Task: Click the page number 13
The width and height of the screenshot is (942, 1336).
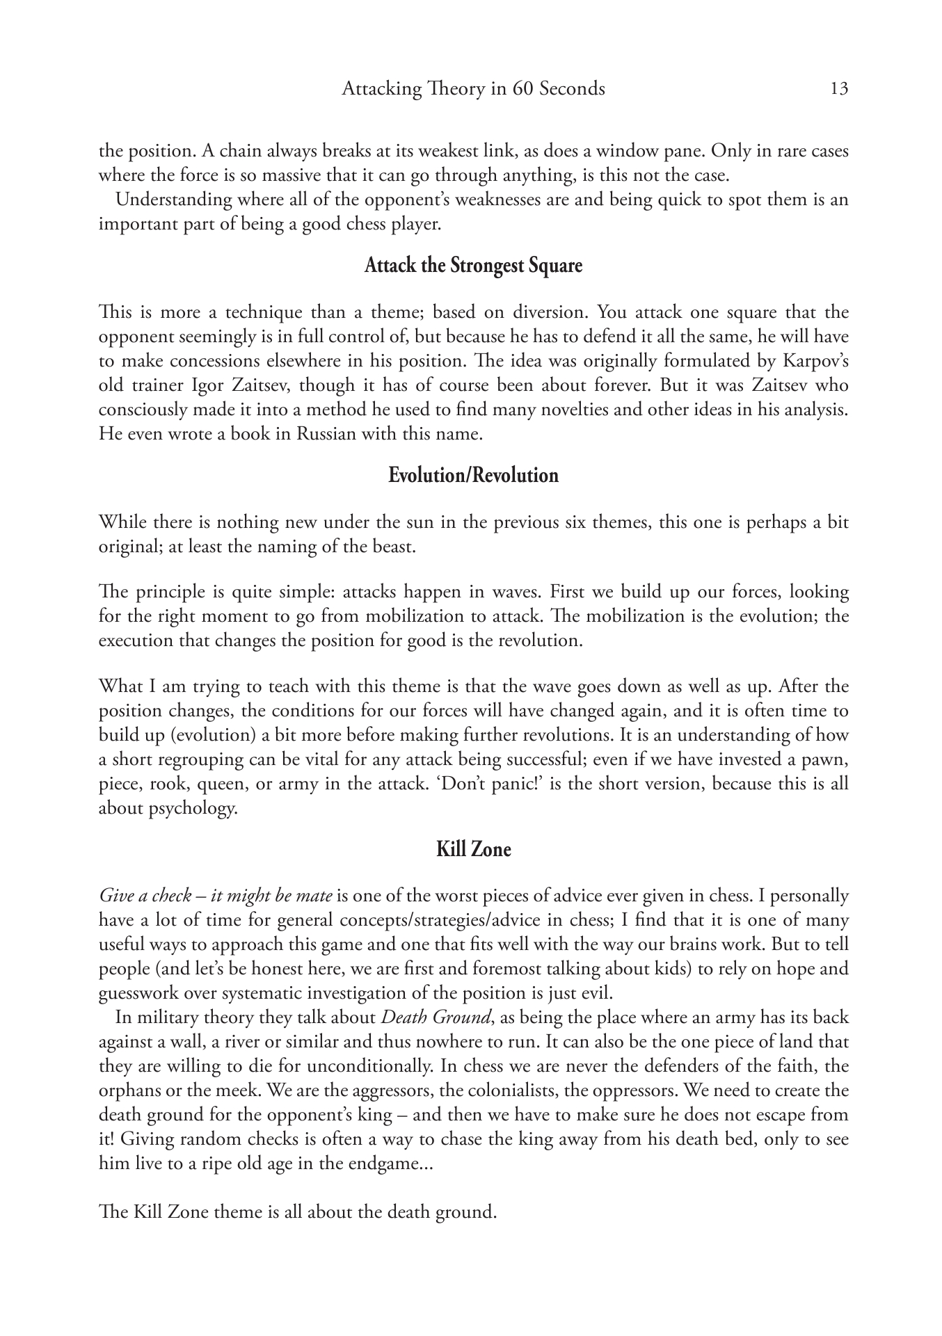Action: tap(839, 88)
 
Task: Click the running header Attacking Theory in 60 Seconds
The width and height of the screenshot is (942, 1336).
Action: tap(473, 88)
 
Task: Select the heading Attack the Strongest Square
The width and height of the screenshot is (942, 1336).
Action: tap(473, 266)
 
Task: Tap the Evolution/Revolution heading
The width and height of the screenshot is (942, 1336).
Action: tap(473, 476)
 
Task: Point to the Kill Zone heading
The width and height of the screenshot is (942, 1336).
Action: tap(473, 849)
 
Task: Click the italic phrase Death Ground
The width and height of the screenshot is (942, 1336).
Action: tap(435, 1017)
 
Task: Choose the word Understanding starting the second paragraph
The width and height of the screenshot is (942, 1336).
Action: tap(163, 200)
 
